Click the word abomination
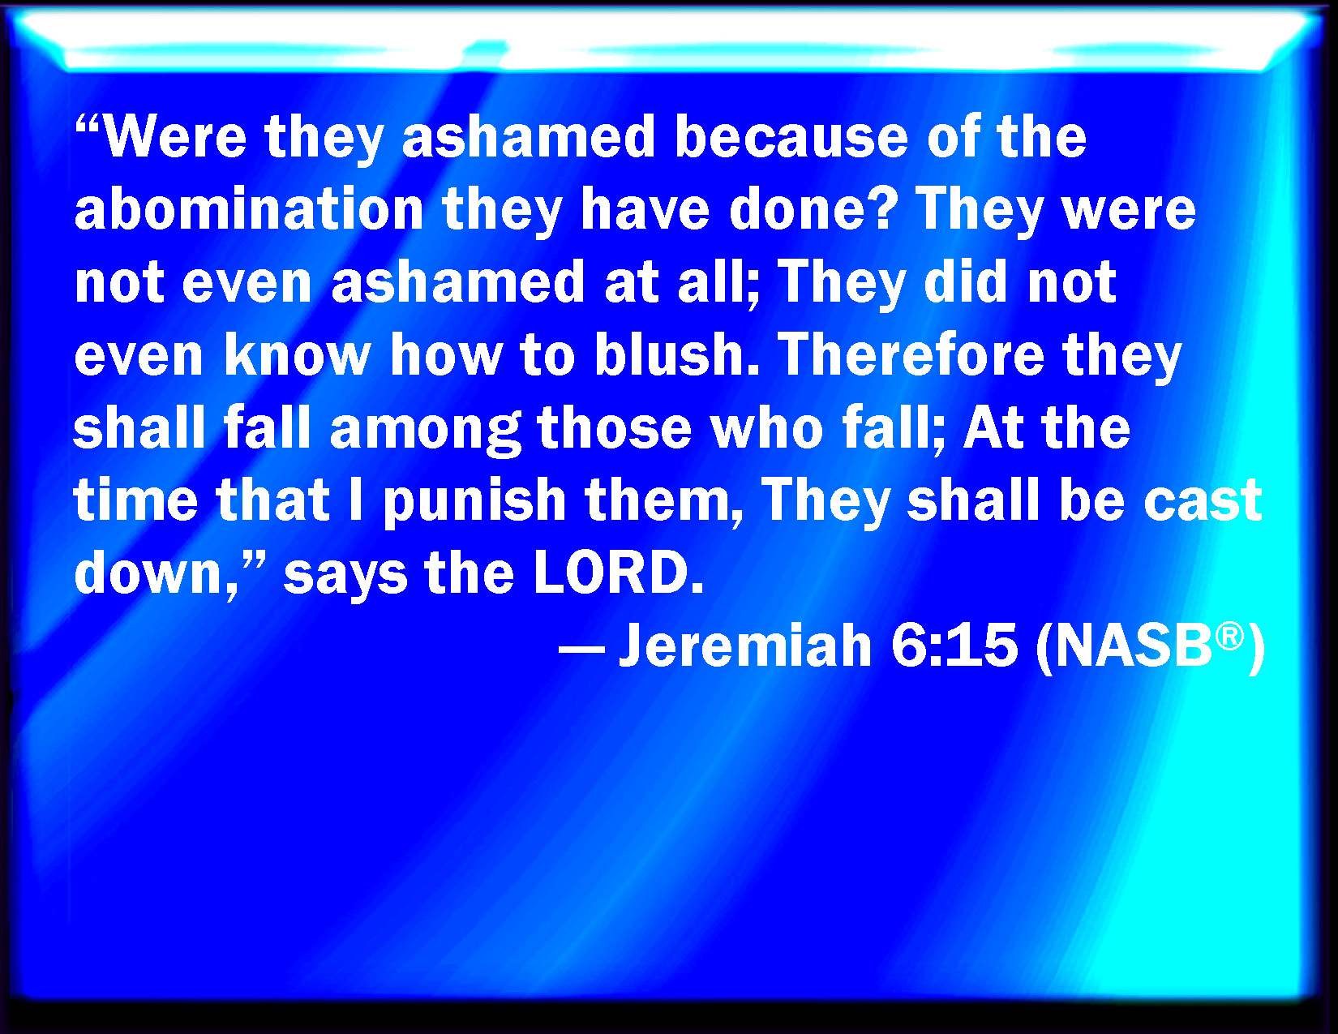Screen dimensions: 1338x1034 (249, 209)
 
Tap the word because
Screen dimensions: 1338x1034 (791, 137)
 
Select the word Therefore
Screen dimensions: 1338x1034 (911, 354)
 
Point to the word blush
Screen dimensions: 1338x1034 (669, 354)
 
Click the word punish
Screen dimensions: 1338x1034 (474, 502)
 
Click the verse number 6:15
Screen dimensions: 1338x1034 (954, 646)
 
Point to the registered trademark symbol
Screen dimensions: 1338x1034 (1230, 635)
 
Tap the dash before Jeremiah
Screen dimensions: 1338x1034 (581, 650)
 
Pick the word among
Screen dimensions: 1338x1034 (426, 430)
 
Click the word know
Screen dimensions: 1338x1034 (297, 354)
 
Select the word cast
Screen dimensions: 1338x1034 (1203, 500)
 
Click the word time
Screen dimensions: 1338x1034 (135, 500)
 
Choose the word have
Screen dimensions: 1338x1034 (645, 209)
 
